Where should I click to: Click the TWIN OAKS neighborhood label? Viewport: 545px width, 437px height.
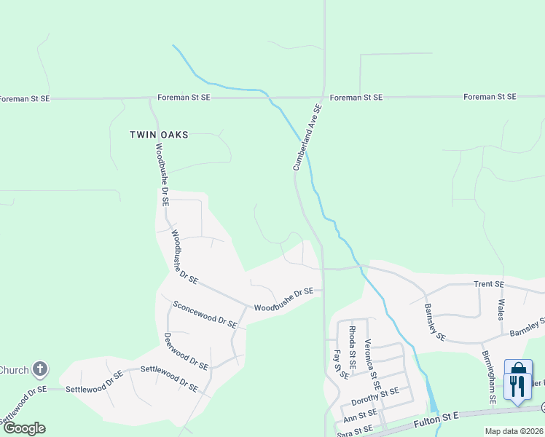coord(159,135)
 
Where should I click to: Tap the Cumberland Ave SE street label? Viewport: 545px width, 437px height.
coord(307,137)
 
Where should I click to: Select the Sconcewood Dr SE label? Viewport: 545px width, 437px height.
coord(205,313)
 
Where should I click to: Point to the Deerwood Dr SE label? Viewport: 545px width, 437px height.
coord(186,351)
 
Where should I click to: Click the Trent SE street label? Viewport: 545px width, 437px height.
coord(488,284)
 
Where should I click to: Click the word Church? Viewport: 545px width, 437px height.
coord(13,370)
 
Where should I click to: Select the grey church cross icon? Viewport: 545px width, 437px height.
coord(40,369)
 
